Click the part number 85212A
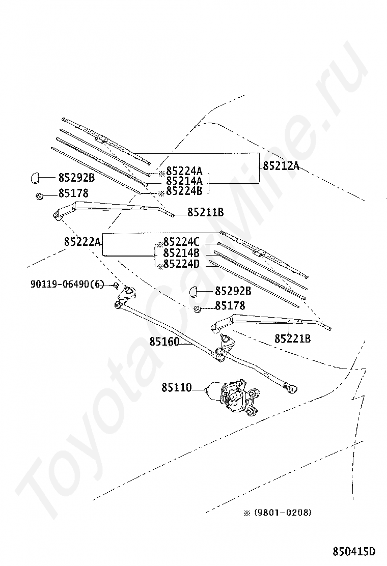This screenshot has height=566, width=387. [x=281, y=166]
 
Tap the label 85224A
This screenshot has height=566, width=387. [x=184, y=171]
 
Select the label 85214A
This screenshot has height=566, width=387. [x=184, y=181]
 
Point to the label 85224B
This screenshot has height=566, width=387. [x=184, y=190]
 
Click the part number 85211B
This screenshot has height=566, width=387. [x=205, y=212]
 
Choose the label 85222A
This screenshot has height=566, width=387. [x=82, y=241]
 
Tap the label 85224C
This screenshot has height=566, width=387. [x=181, y=241]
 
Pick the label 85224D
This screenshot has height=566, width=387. [x=181, y=264]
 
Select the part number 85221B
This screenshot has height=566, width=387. [x=292, y=338]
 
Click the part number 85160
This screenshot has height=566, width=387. [x=164, y=341]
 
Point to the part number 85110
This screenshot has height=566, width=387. [x=177, y=387]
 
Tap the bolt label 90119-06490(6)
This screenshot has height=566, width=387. [x=67, y=285]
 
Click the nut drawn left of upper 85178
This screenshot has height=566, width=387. [x=39, y=196]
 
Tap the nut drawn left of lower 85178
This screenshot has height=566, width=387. [x=197, y=309]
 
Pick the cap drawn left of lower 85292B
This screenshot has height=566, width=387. [x=194, y=291]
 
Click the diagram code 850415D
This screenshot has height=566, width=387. [x=354, y=552]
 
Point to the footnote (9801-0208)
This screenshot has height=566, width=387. [x=283, y=512]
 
